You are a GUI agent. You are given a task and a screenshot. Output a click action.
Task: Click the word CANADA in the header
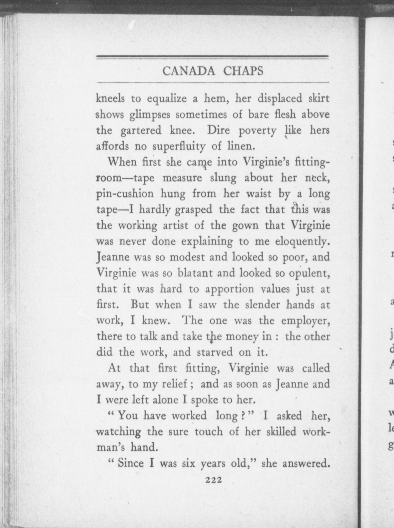[188, 71]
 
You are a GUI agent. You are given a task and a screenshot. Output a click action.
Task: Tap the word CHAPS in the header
[243, 71]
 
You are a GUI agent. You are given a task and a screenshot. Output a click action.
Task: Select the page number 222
[213, 480]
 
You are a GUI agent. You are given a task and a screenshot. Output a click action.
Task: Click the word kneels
[110, 98]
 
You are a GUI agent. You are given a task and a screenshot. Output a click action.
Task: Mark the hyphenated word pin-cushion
[125, 194]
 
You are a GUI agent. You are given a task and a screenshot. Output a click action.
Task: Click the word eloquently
[302, 242]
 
